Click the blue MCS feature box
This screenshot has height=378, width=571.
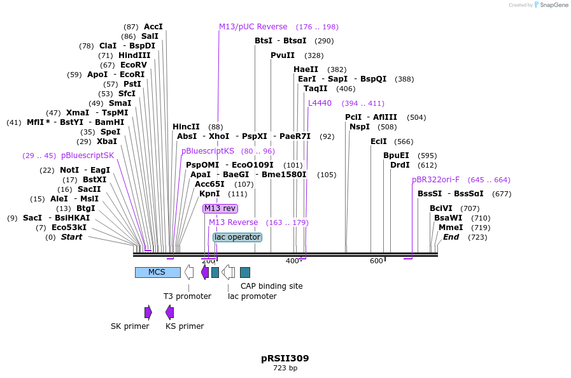(157, 272)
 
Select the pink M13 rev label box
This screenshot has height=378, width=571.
(220, 208)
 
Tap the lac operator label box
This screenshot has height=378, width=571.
(237, 237)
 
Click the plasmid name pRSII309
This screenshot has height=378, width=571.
(285, 358)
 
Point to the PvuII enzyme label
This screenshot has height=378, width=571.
(283, 55)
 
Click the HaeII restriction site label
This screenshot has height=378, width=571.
(306, 69)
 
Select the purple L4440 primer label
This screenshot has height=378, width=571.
(320, 103)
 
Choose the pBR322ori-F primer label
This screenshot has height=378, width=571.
(435, 180)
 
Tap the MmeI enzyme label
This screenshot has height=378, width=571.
(451, 228)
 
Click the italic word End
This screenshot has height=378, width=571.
(451, 237)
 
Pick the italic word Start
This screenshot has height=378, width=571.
(71, 237)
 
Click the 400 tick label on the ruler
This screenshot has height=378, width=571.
(292, 261)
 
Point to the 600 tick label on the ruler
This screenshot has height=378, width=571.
(376, 261)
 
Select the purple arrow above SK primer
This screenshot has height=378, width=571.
(148, 312)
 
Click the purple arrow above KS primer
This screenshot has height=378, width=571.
(169, 312)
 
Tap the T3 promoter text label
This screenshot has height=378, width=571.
(187, 296)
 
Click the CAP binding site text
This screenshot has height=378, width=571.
(271, 286)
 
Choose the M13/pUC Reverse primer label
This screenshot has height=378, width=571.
(253, 27)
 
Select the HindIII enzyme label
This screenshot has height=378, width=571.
(134, 55)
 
